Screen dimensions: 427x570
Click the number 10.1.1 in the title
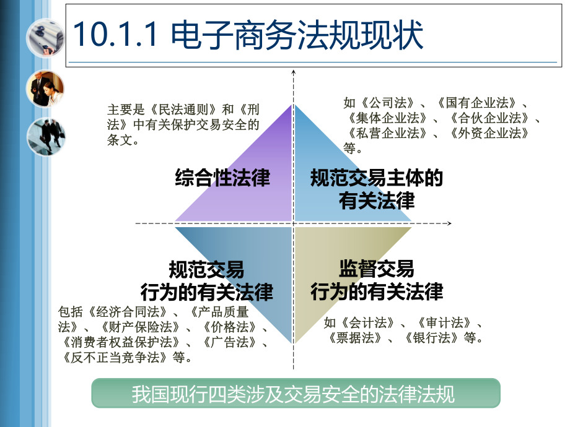(114, 37)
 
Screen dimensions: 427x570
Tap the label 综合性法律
(222, 178)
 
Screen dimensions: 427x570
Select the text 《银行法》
(431, 338)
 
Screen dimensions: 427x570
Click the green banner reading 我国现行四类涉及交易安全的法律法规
(296, 394)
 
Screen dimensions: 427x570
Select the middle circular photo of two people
(45, 88)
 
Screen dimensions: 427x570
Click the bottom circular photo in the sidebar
(45, 137)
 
